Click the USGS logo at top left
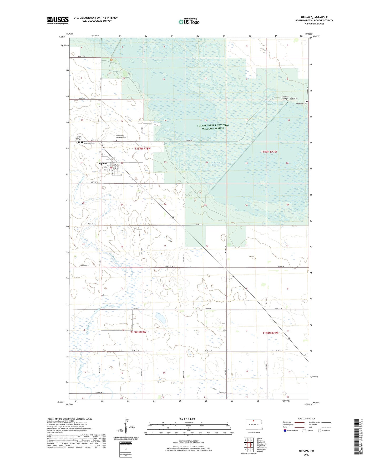pyautogui.click(x=58, y=20)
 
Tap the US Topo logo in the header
pyautogui.click(x=189, y=22)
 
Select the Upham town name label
pyautogui.click(x=103, y=163)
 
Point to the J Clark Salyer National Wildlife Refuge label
pyautogui.click(x=213, y=127)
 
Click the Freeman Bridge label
pyautogui.click(x=285, y=98)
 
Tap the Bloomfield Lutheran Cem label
pyautogui.click(x=121, y=136)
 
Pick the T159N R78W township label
pyautogui.click(x=143, y=149)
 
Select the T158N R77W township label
pyautogui.click(x=270, y=333)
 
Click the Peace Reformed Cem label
pyautogui.click(x=79, y=138)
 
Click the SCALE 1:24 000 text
pyautogui.click(x=187, y=419)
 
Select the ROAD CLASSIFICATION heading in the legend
pyautogui.click(x=306, y=419)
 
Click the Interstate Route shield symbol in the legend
pyautogui.click(x=285, y=430)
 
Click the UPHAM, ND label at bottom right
pyautogui.click(x=306, y=451)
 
